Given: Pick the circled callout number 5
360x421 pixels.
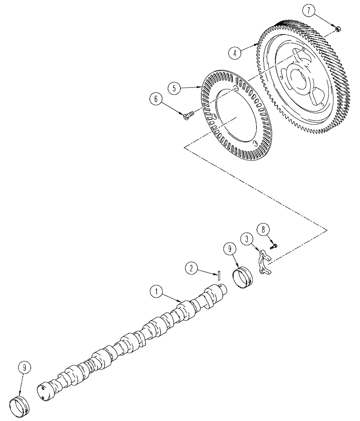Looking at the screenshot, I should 173,88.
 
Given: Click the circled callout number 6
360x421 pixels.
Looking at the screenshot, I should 155,99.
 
